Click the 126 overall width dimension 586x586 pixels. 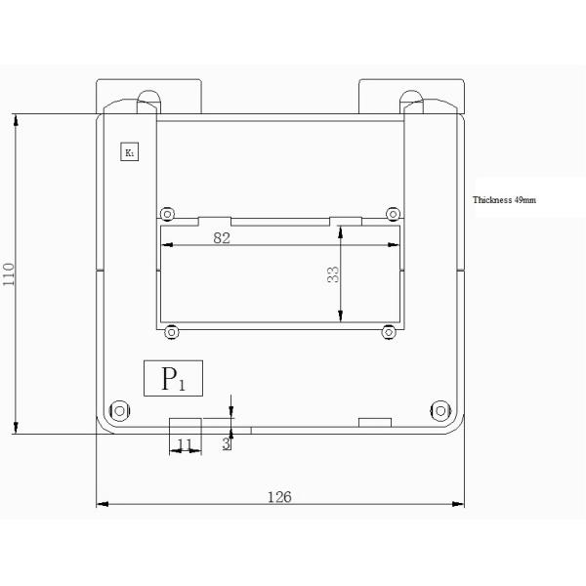tap(279, 497)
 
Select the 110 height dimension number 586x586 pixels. tap(9, 274)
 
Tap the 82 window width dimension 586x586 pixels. tap(222, 238)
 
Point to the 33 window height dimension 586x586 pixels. tap(333, 274)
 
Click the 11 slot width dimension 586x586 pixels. tap(185, 444)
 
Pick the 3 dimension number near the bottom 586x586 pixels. tap(226, 443)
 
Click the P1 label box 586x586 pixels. tap(174, 378)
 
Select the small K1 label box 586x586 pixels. tap(130, 151)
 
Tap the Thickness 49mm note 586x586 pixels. tap(504, 200)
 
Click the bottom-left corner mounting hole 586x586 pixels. tap(119, 411)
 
